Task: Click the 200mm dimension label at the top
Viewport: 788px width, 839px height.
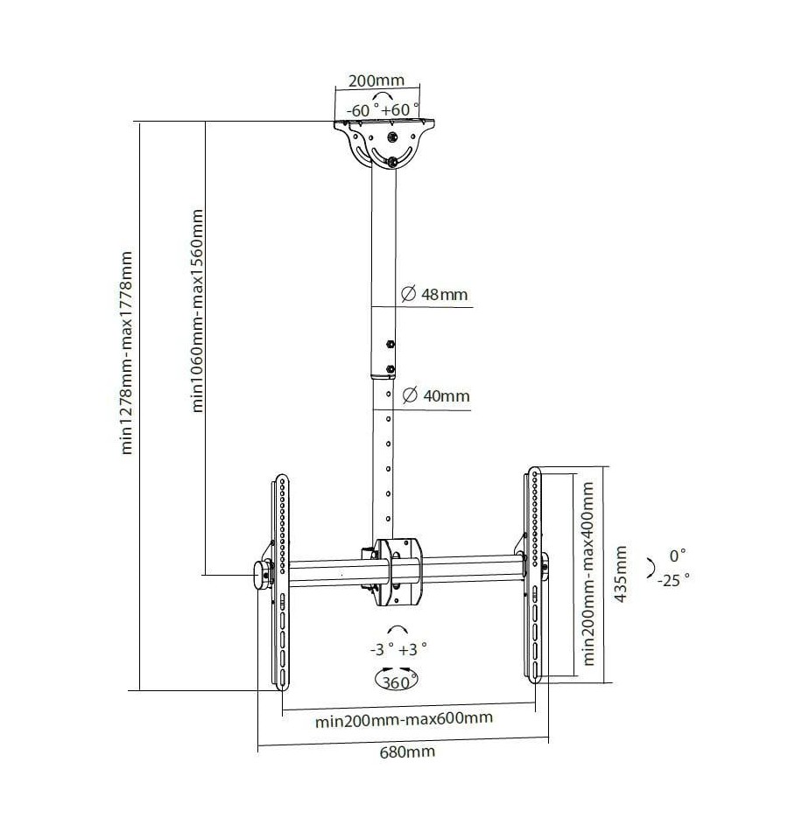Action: [376, 80]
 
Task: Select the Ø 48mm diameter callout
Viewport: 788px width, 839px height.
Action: [434, 294]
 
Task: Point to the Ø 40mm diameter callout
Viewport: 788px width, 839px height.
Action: [436, 396]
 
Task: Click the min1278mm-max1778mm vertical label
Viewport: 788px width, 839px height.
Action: [126, 353]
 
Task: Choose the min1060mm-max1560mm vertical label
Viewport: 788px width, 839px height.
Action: [198, 311]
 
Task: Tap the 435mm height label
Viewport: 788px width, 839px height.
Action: [621, 574]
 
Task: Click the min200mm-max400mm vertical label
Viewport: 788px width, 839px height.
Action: [589, 573]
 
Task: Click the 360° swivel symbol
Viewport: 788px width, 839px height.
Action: [397, 680]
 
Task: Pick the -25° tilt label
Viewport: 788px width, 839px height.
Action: [673, 580]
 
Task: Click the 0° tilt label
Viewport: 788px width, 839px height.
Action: [678, 556]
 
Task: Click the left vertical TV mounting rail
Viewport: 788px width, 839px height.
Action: [281, 582]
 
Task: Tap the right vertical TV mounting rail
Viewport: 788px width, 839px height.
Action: [533, 575]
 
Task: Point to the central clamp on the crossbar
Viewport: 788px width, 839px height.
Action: [398, 572]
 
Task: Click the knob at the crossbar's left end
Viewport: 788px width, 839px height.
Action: [262, 575]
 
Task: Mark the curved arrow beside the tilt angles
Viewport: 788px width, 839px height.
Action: [651, 568]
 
